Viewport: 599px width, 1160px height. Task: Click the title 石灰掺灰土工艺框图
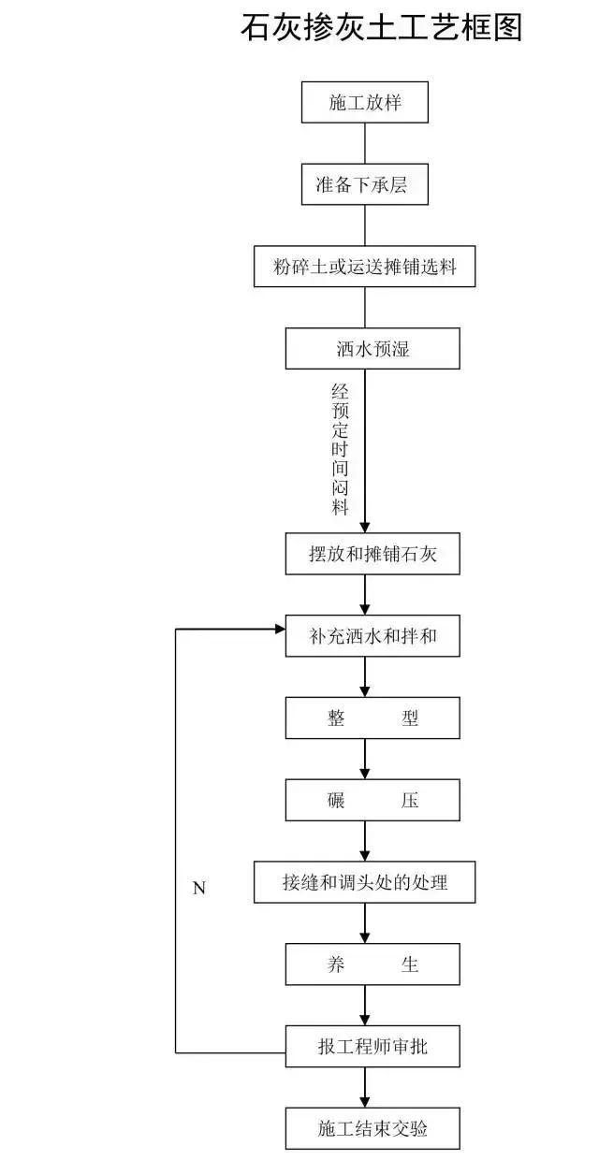[x=381, y=28]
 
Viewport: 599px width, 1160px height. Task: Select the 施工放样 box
[x=365, y=102]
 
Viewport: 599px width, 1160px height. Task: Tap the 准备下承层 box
[x=365, y=184]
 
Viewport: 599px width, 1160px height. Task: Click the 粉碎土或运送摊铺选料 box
[x=365, y=267]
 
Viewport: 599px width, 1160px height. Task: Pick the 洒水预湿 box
[x=373, y=349]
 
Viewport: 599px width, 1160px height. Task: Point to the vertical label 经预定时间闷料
[x=340, y=449]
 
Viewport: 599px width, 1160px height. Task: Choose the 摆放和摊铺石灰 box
[x=373, y=555]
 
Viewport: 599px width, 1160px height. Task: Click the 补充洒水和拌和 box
[x=373, y=637]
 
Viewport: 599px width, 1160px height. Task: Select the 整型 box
[x=373, y=718]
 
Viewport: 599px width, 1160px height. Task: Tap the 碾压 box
[x=373, y=800]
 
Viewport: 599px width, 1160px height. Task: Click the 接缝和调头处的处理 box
[x=365, y=882]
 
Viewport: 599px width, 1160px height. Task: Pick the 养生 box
[x=373, y=964]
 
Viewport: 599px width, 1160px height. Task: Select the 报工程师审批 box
[x=373, y=1046]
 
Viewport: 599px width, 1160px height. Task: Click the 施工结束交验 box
[x=373, y=1128]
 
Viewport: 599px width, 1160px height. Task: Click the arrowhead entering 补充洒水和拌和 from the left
[x=278, y=629]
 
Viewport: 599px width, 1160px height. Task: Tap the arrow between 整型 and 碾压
[x=365, y=760]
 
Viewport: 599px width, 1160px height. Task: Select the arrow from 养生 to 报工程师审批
[x=365, y=1005]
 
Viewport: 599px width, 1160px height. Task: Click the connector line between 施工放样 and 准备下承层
[x=365, y=143]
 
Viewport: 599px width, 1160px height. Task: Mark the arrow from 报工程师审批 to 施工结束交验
[x=365, y=1087]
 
